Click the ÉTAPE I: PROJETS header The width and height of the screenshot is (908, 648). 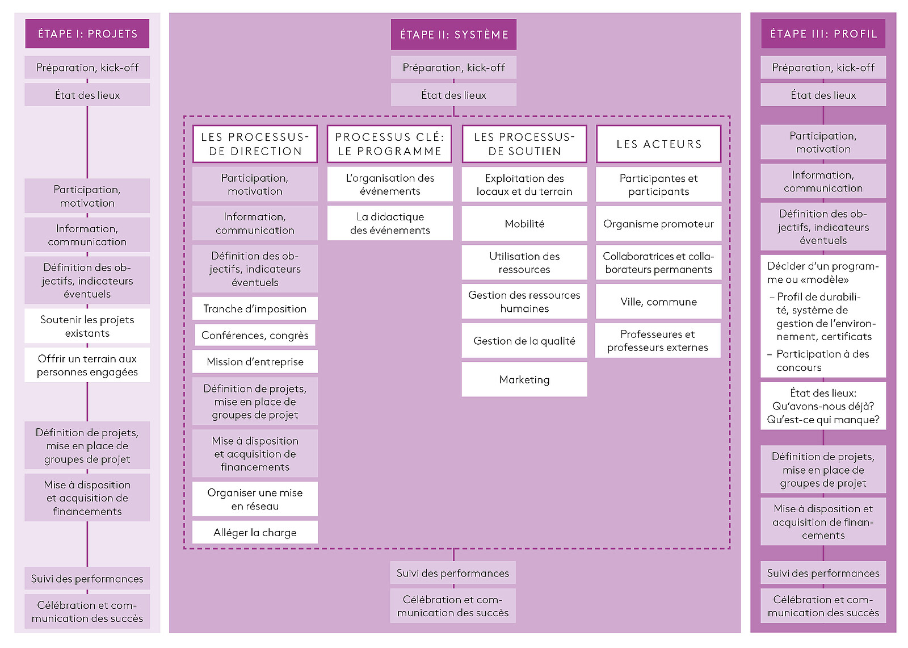[87, 34]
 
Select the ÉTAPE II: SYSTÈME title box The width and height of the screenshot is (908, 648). [453, 35]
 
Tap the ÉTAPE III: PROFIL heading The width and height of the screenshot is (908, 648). [823, 34]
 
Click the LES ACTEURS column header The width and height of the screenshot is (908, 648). [658, 144]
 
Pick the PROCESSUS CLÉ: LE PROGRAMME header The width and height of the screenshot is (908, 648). [389, 144]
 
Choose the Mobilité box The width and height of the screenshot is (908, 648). [524, 224]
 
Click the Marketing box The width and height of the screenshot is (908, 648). [524, 379]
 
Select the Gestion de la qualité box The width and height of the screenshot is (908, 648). [524, 341]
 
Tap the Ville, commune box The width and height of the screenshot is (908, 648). [658, 302]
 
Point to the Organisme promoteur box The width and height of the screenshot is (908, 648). [658, 224]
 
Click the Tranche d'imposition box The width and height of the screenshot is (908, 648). [255, 308]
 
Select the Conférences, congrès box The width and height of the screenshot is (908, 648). [255, 335]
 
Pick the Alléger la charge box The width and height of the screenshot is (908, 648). [255, 532]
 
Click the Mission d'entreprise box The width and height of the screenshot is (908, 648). [255, 362]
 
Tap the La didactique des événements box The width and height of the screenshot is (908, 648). [390, 223]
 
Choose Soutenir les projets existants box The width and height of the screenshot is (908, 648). [87, 326]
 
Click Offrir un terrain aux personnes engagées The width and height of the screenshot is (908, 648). [87, 365]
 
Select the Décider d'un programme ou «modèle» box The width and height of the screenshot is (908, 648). [823, 316]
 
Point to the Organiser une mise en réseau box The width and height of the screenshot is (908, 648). [255, 499]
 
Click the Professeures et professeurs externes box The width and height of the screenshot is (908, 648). [658, 340]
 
